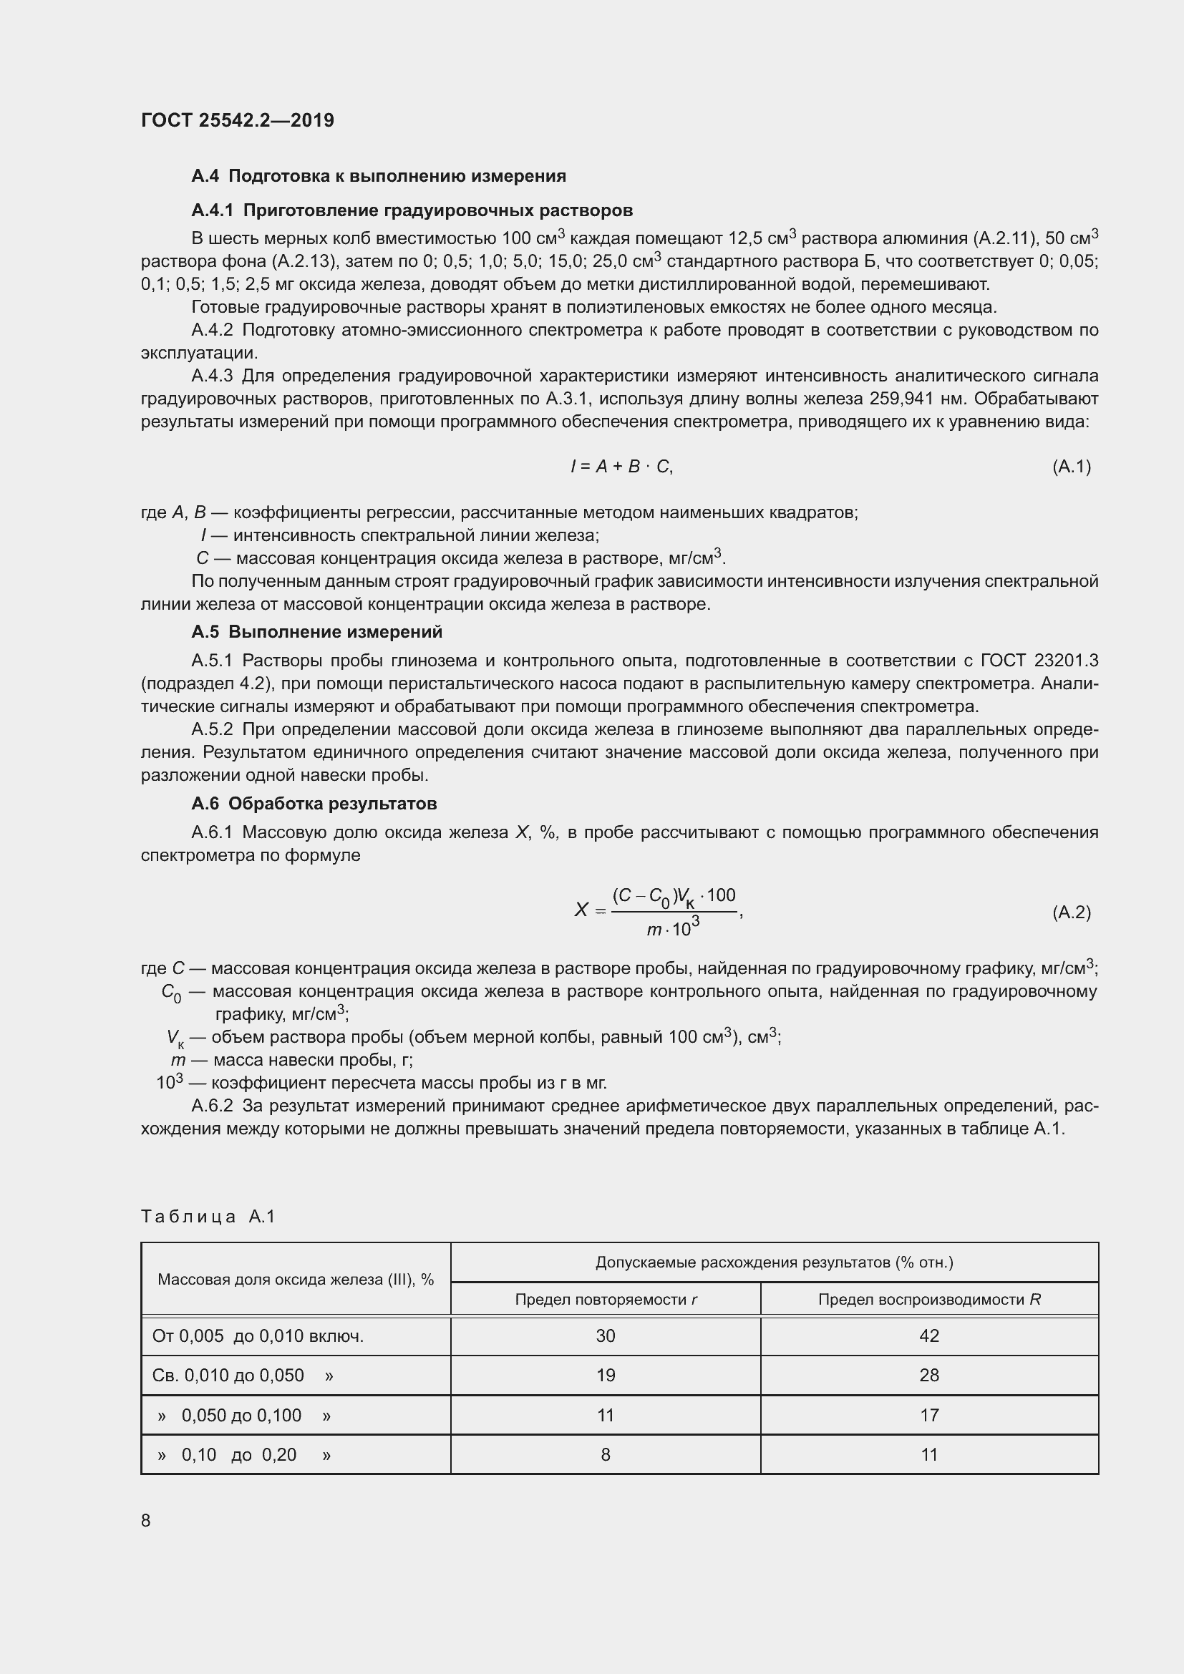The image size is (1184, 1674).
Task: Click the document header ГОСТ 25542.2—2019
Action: (x=237, y=120)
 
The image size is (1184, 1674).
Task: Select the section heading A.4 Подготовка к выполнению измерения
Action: (x=379, y=176)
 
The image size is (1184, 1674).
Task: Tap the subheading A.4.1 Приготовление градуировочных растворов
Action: (x=412, y=210)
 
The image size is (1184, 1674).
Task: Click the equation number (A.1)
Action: (x=1071, y=467)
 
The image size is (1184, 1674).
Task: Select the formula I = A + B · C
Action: (x=621, y=467)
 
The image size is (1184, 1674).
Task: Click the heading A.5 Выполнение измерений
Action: (x=316, y=631)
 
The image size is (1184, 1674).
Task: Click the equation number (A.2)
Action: (x=1071, y=912)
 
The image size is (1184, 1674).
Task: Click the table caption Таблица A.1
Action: (x=208, y=1216)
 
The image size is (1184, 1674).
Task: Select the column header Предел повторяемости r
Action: (x=606, y=1299)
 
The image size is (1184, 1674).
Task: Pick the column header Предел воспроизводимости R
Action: (x=929, y=1299)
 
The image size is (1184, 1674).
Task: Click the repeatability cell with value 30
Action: (x=605, y=1335)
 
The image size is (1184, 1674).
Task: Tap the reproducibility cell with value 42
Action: (x=929, y=1335)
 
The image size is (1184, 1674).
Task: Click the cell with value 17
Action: (x=929, y=1415)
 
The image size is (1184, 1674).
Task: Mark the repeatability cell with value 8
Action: (x=605, y=1454)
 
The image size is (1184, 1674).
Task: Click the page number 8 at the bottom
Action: (x=146, y=1520)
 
